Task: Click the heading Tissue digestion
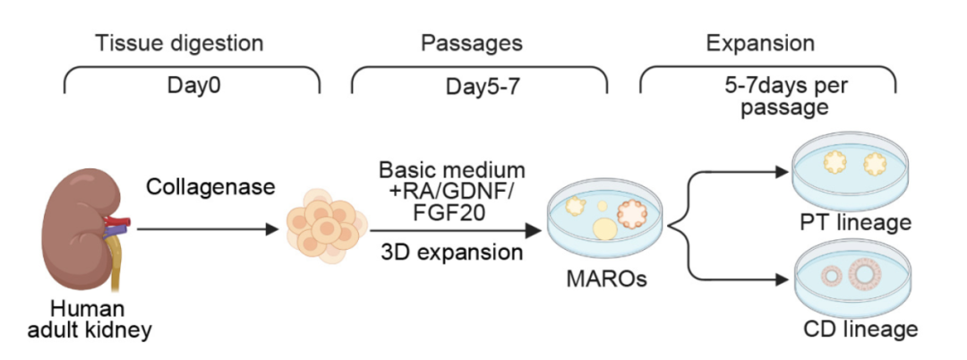click(x=179, y=44)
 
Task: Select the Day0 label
click(x=193, y=86)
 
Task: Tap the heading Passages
click(x=472, y=44)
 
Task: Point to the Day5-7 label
click(x=483, y=88)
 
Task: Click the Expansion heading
click(x=760, y=44)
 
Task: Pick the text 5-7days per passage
click(x=785, y=96)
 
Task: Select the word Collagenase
click(x=210, y=187)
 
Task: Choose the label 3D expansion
click(x=452, y=253)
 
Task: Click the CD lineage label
click(x=860, y=329)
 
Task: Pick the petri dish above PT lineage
click(x=851, y=173)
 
